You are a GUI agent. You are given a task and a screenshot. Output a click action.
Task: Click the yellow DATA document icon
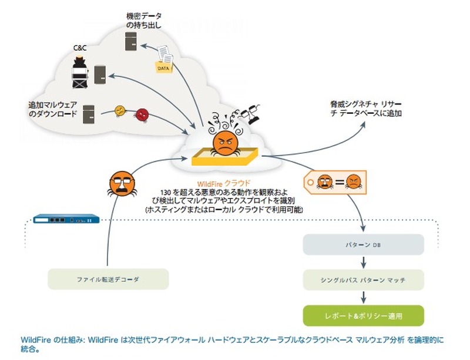[x=165, y=62]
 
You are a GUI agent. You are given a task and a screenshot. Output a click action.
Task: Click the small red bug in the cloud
[x=141, y=114]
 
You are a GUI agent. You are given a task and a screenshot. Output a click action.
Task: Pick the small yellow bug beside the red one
[x=120, y=111]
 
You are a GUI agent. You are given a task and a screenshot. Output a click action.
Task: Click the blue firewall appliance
[x=65, y=219]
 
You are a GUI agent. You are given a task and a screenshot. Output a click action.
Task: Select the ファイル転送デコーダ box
[x=108, y=279]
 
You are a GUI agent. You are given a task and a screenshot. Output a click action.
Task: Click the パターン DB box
[x=362, y=245]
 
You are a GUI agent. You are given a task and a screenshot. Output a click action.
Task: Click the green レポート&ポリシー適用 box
[x=362, y=315]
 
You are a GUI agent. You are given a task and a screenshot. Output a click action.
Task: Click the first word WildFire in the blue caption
[x=35, y=340]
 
